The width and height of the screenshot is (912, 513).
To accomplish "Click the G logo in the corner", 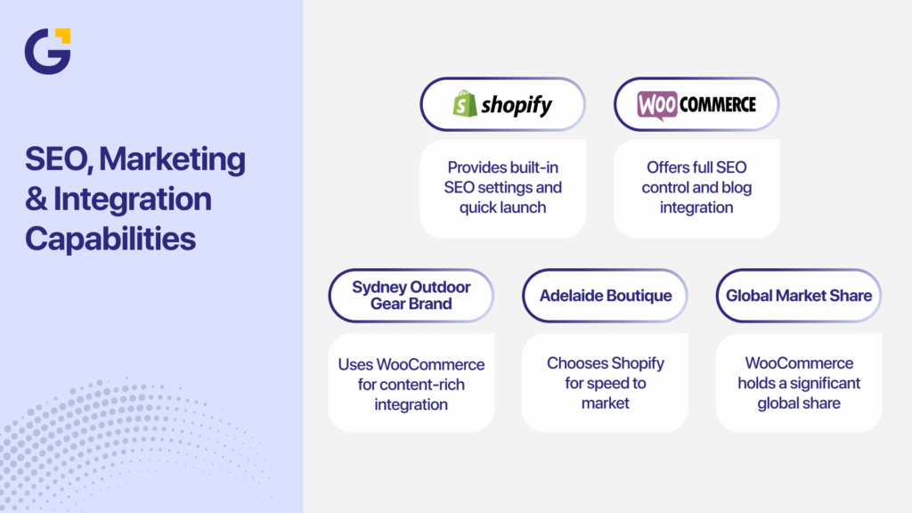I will point(46,52).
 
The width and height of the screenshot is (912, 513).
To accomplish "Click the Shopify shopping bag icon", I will point(463,105).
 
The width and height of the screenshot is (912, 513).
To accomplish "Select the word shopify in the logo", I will point(517,106).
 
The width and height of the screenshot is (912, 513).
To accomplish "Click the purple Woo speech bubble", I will point(657,105).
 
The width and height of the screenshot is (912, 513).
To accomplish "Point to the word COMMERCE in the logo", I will point(717,105).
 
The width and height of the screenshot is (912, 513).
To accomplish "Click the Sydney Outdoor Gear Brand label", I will point(411,295).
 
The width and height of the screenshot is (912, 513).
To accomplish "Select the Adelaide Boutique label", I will point(605,295).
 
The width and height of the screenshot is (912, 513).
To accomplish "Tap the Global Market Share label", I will point(798,295).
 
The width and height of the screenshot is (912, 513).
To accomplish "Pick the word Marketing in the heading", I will point(172,159).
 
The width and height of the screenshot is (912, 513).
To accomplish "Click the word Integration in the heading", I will point(133,199).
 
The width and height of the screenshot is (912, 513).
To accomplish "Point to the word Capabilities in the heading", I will point(110,238).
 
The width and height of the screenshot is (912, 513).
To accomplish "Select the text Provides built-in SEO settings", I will point(502,177).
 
